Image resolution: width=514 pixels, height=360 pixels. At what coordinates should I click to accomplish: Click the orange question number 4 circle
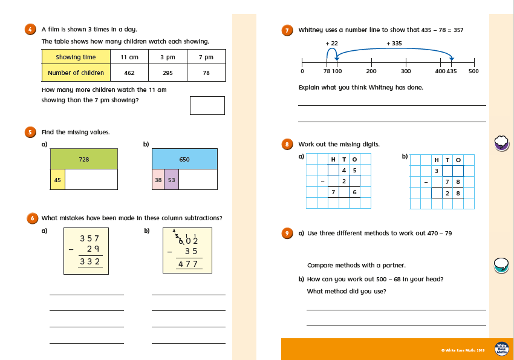coord(30,30)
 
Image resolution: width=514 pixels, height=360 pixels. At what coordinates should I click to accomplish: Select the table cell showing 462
coord(129,73)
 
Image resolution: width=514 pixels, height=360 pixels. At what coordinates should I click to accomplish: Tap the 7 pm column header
coord(206,57)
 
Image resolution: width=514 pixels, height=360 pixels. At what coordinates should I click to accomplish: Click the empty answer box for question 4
coord(207,105)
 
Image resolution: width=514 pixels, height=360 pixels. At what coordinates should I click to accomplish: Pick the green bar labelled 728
coord(84,159)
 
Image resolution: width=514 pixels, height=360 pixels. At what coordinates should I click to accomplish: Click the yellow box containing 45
coord(57,179)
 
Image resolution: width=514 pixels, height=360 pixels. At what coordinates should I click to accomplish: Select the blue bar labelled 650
coord(184,159)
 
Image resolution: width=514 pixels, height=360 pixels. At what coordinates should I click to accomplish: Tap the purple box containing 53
coord(172,179)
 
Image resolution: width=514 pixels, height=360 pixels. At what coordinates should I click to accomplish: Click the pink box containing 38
coord(158,179)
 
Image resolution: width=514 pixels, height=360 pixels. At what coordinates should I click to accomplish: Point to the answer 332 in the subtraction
coord(89,261)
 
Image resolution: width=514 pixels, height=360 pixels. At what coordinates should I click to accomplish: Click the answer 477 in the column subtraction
coord(187,264)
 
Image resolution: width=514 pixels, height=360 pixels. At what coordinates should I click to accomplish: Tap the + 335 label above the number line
coord(394,44)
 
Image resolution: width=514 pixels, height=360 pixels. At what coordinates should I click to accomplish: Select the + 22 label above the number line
coord(331,44)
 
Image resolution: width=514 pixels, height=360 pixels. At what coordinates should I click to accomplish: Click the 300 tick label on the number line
coord(406,71)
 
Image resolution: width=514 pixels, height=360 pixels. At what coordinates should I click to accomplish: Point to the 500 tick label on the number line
coord(473,71)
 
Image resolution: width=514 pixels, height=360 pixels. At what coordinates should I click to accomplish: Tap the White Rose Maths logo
coord(501,349)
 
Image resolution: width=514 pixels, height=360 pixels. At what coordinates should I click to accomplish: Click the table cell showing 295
coord(168,73)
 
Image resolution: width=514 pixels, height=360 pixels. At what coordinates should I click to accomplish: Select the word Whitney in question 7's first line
coord(310,30)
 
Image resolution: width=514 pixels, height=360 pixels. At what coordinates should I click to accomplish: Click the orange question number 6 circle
coord(30,218)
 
